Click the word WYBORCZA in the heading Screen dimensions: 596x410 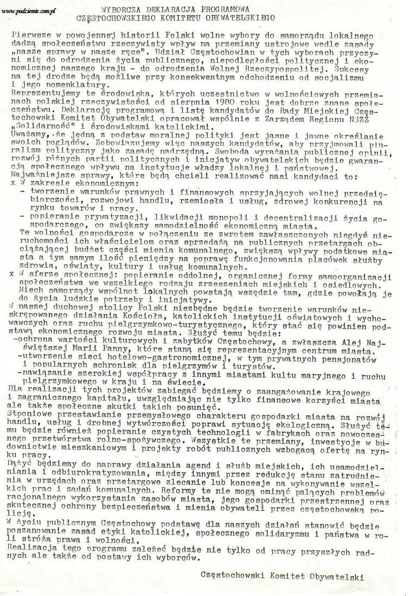point(122,9)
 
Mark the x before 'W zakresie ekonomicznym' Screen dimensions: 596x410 point(12,184)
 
